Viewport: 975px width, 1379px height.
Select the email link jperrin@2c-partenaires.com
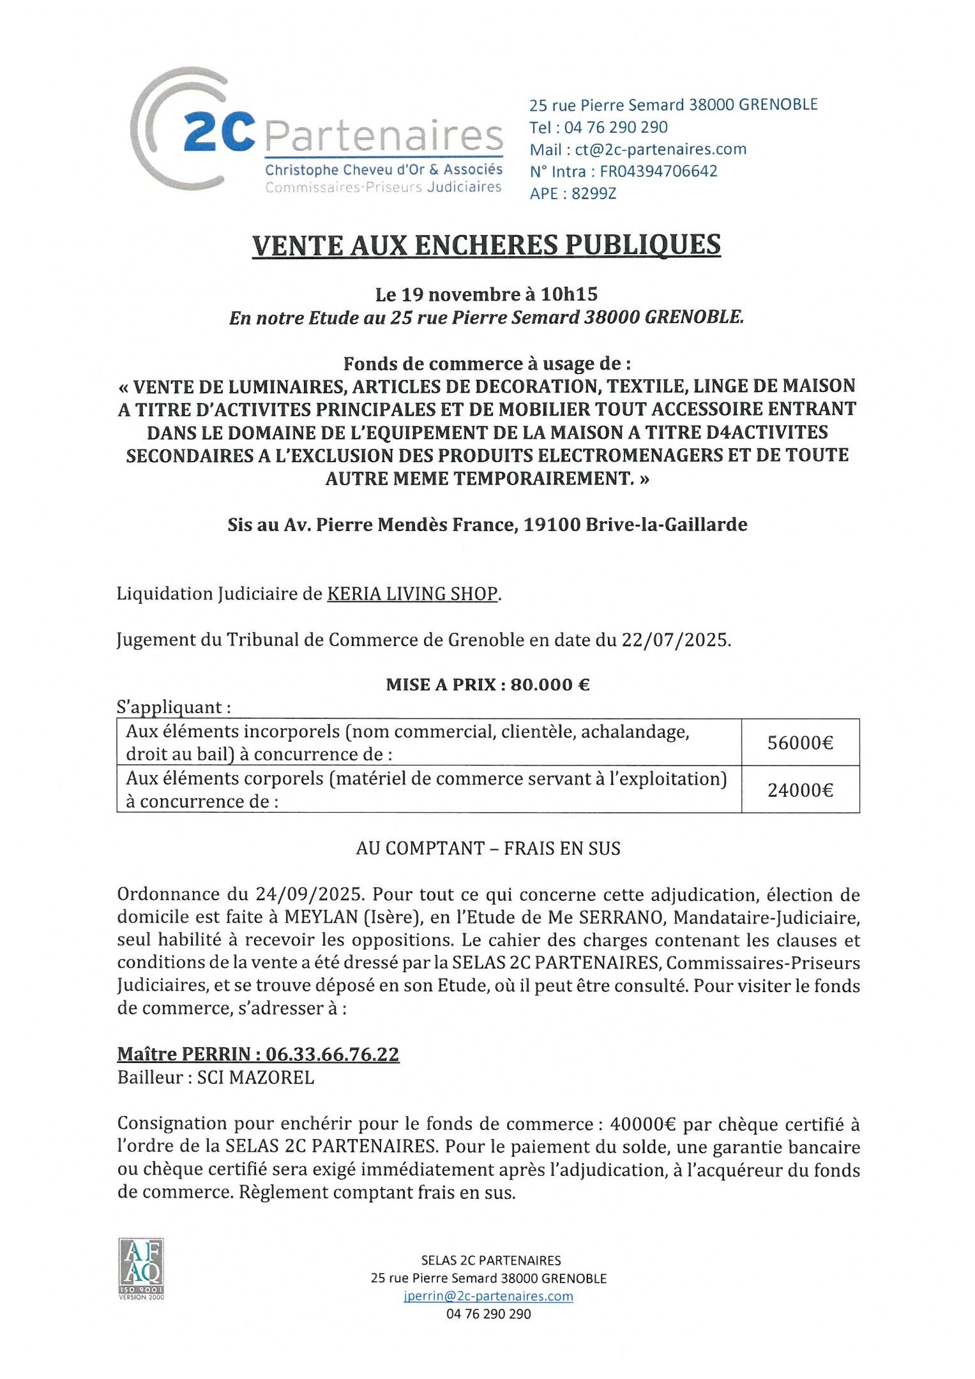pyautogui.click(x=488, y=1296)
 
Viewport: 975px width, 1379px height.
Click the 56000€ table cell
pyautogui.click(x=800, y=742)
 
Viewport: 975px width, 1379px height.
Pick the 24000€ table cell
pyautogui.click(x=800, y=790)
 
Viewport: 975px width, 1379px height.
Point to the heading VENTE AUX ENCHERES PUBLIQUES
pyautogui.click(x=487, y=246)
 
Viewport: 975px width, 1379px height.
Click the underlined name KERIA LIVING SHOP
pyautogui.click(x=412, y=594)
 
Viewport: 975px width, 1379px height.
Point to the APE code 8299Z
pyautogui.click(x=594, y=193)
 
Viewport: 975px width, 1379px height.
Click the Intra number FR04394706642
pyautogui.click(x=658, y=171)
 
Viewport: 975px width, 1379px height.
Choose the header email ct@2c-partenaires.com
pyautogui.click(x=661, y=149)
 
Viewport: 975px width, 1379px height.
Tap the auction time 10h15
pyautogui.click(x=569, y=294)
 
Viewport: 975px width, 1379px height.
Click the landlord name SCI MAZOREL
pyautogui.click(x=255, y=1078)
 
